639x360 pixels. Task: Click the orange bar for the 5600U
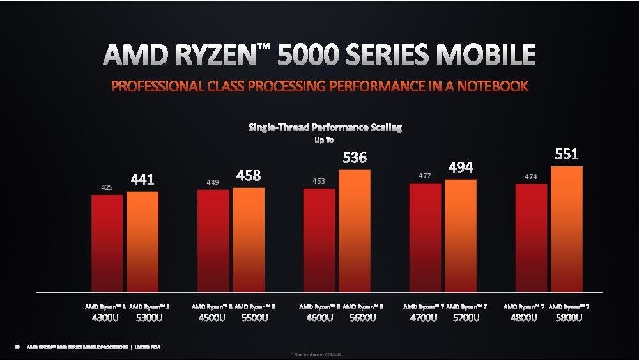click(355, 230)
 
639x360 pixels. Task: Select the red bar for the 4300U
click(107, 243)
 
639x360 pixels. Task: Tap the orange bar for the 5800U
click(566, 229)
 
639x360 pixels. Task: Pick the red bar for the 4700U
click(425, 237)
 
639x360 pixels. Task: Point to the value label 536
click(355, 157)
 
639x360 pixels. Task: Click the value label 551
click(566, 154)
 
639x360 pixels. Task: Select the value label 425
click(107, 187)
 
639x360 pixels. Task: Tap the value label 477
click(425, 175)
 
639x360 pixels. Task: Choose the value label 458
click(249, 175)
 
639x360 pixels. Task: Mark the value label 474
click(531, 176)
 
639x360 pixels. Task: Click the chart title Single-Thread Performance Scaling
click(325, 128)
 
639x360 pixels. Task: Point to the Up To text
click(324, 140)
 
